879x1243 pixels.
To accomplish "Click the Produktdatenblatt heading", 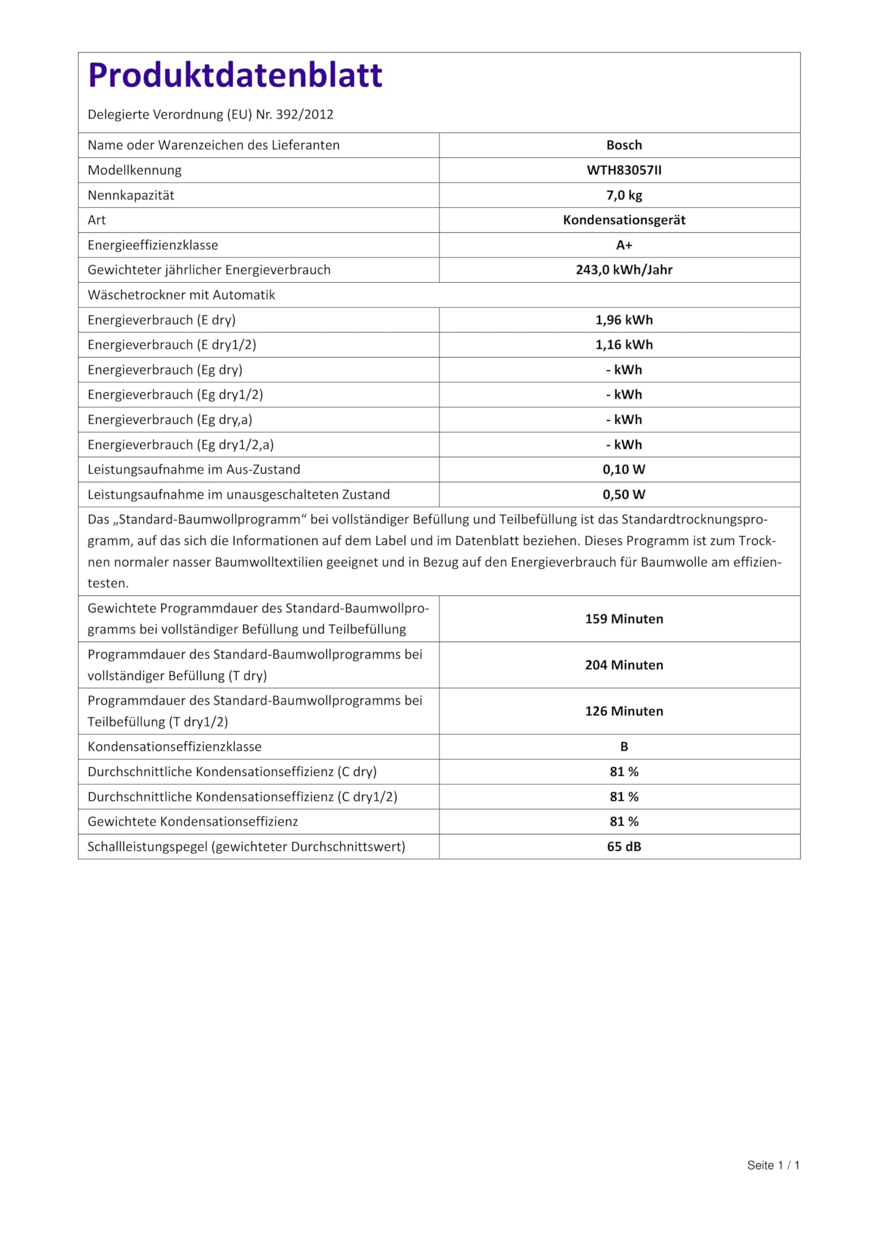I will [235, 75].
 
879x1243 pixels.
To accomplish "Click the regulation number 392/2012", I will [304, 115].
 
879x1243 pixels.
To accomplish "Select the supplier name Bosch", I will [624, 145].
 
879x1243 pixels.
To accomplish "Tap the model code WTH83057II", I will [624, 170].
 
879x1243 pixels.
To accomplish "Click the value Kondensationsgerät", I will [624, 220].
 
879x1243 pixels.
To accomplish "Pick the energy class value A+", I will [624, 245].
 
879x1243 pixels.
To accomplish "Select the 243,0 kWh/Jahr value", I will [624, 269].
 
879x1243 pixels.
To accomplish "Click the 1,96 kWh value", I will [624, 320].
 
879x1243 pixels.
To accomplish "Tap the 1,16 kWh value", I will [624, 345].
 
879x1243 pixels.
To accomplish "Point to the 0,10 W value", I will [624, 470].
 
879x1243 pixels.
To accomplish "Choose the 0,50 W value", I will [624, 494].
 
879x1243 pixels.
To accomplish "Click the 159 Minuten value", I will [624, 619].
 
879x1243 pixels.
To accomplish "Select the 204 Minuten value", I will [624, 665].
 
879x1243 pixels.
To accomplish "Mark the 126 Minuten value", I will [624, 711].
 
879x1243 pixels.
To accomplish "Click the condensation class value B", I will [624, 747].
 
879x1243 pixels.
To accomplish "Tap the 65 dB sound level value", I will [624, 846].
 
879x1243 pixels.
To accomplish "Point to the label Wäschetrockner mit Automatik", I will [182, 295].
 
